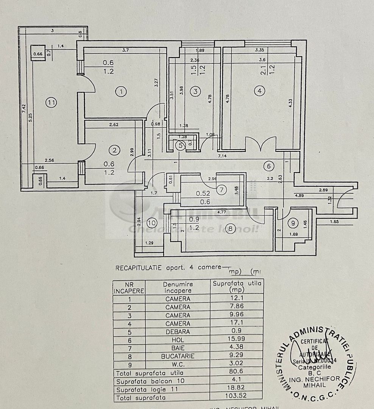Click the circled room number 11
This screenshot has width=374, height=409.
click(52, 102)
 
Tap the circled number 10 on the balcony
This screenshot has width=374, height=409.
click(152, 223)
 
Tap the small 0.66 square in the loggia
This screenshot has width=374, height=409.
click(38, 54)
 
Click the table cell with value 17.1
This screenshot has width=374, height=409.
click(236, 323)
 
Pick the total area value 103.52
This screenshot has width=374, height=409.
click(236, 398)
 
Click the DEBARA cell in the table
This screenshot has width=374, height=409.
click(178, 331)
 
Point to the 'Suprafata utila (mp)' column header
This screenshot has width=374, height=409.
click(237, 286)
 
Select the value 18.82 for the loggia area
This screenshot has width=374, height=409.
click(236, 389)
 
